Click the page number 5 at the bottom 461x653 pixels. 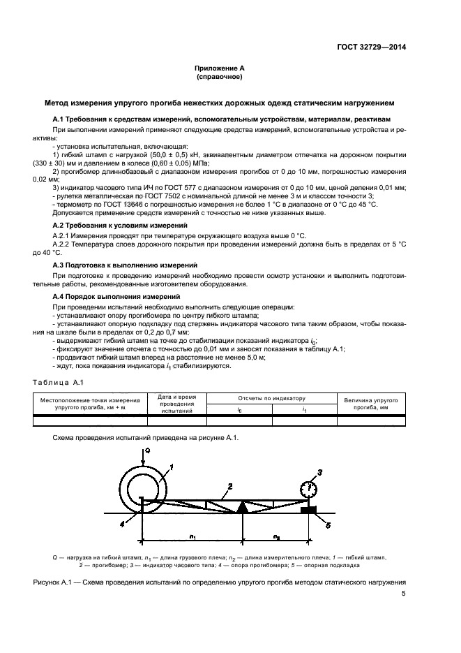pos(403,594)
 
